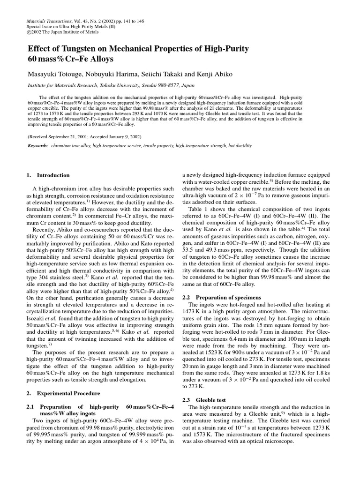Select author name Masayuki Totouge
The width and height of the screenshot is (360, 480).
coord(55,75)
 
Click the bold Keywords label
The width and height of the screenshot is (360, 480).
coord(38,146)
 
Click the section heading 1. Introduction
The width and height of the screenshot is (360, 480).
coord(47,175)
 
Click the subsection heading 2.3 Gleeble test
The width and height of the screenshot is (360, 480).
coord(204,400)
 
